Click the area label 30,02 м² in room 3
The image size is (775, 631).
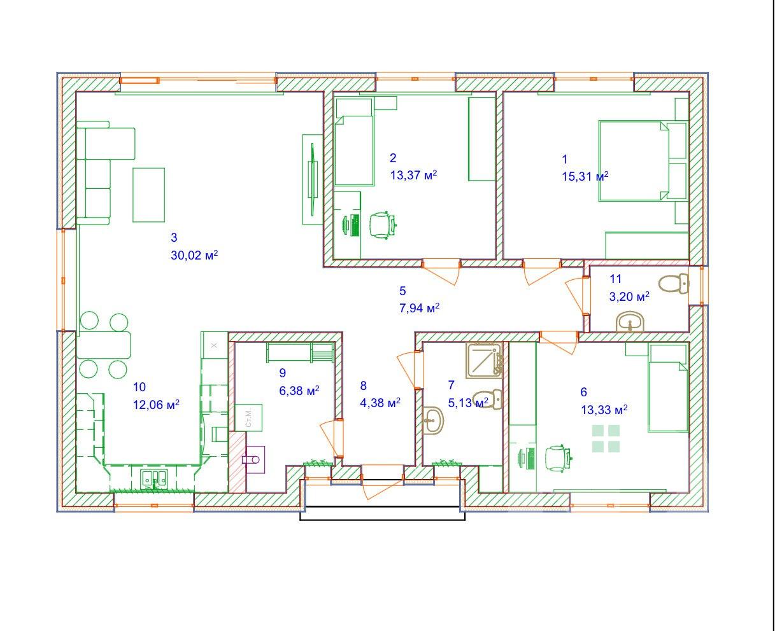coord(194,255)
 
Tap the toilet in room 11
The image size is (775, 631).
coord(674,284)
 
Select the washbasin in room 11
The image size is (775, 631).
coord(630,322)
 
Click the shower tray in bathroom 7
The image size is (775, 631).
coord(484,359)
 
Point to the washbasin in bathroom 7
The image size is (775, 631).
coord(433,420)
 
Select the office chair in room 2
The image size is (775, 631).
coord(383,225)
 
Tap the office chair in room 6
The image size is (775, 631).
coord(557,459)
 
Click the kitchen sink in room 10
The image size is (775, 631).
coord(154,479)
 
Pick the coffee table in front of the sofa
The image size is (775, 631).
coord(148,195)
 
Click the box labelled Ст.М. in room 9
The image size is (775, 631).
coord(248,418)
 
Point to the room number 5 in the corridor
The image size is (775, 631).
coord(402,291)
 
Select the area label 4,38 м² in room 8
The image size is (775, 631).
coord(380,403)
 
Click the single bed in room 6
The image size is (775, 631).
coord(668,388)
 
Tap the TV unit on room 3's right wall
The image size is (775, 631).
coord(313,179)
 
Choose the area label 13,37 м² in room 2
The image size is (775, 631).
coord(413,175)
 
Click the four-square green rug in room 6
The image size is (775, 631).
coord(606,438)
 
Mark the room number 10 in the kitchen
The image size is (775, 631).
coord(139,387)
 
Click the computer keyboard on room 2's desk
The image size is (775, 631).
coord(355,225)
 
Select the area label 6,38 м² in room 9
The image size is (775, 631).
coord(299,391)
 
